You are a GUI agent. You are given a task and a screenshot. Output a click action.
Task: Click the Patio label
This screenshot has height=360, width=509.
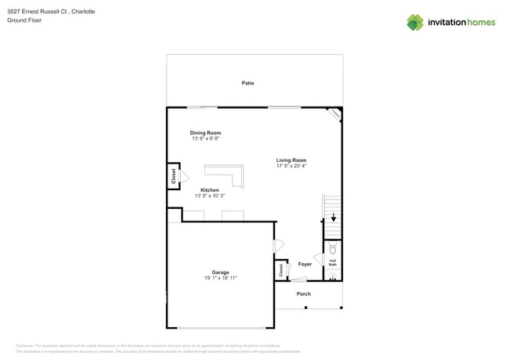[247, 83]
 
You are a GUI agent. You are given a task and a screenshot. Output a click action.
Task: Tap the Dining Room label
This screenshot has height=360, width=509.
[205, 133]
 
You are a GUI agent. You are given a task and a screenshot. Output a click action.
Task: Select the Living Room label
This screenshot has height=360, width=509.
[291, 160]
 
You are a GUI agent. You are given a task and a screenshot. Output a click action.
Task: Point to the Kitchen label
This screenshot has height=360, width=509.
[209, 190]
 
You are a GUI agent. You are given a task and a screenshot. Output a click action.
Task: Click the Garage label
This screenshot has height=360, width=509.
[220, 272]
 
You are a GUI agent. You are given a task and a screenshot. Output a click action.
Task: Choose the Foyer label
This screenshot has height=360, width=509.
[305, 264]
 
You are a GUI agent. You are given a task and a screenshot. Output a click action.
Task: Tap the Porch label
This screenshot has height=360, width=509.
[303, 293]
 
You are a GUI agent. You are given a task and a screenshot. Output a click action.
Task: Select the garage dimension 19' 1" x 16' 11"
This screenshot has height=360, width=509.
[220, 278]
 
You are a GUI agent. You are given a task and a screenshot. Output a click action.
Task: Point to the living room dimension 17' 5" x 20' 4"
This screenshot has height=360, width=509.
[291, 166]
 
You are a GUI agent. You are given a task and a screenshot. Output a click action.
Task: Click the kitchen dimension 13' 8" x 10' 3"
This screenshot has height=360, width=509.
[209, 196]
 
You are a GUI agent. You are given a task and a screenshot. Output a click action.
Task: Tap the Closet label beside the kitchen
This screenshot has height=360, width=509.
[173, 176]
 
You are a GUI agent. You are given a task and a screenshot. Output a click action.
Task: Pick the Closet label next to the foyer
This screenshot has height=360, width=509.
[280, 270]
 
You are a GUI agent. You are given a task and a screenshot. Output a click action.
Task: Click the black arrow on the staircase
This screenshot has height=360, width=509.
[333, 218]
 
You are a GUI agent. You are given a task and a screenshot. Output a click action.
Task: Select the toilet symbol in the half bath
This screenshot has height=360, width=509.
[333, 250]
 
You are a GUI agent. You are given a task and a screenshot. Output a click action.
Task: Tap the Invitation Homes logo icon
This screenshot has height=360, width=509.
[415, 22]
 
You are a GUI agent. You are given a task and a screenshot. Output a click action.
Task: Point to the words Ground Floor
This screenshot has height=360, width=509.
[24, 20]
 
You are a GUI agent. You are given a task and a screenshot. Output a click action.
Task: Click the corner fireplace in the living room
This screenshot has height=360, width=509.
[334, 114]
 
